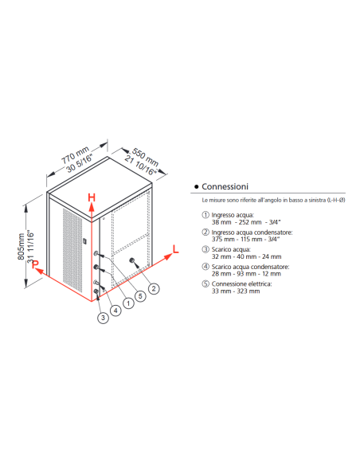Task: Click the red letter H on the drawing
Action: (x=92, y=197)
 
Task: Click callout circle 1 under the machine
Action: (x=127, y=303)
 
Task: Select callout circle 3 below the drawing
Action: (x=103, y=318)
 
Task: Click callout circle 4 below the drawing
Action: (x=115, y=310)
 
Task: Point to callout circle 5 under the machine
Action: (x=140, y=295)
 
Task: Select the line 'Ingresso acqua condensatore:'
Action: (x=247, y=232)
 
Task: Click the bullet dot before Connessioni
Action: (x=196, y=186)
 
